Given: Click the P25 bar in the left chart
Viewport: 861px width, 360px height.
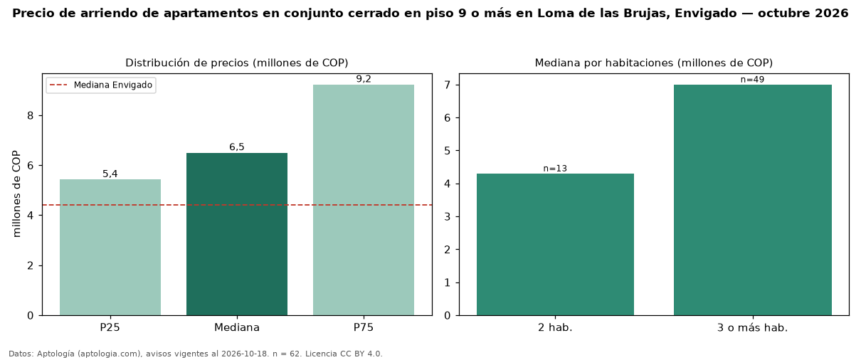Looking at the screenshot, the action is [x=110, y=247].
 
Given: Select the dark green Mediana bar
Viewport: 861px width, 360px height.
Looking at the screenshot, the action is [x=237, y=234].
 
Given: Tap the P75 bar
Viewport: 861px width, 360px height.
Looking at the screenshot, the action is [x=363, y=200].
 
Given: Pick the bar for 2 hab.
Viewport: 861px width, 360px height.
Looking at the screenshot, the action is [x=555, y=244].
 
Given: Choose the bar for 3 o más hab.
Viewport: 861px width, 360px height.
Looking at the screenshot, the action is [x=753, y=200].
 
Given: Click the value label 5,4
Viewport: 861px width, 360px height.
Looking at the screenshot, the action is [x=110, y=174].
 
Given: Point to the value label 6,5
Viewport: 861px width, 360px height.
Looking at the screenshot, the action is [x=237, y=147].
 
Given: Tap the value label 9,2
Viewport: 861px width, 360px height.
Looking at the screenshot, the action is [x=364, y=79].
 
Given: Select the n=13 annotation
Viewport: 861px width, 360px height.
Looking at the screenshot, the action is [x=555, y=169].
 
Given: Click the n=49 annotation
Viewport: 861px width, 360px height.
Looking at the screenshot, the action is [x=753, y=80].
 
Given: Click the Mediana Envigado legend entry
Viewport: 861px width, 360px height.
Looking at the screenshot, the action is [x=101, y=85].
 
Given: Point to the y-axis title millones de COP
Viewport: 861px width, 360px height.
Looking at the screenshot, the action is [x=16, y=194].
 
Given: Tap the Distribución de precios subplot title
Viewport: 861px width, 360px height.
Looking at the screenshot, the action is [x=237, y=63].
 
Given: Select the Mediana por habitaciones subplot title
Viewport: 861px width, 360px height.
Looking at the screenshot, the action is [x=654, y=63].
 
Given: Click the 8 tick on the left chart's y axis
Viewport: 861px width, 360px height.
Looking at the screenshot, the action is [x=31, y=116].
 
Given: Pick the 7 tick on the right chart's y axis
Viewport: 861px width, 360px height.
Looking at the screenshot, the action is [x=447, y=85].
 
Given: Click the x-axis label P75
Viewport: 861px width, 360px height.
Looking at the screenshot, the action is [x=363, y=327].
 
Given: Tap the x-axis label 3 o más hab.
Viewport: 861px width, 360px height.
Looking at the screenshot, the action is [x=753, y=327].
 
